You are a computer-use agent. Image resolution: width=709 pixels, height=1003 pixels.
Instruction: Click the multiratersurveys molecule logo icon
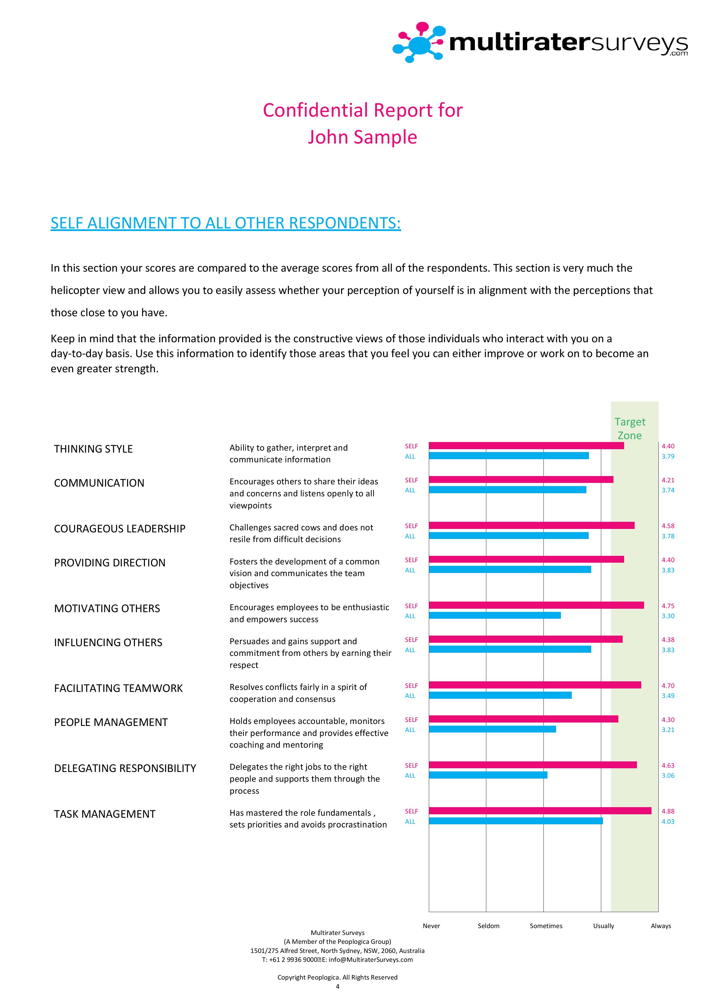click(419, 42)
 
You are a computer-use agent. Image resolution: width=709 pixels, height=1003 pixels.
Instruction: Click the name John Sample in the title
click(362, 137)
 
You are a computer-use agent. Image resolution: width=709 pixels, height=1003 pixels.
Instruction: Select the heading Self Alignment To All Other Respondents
click(225, 223)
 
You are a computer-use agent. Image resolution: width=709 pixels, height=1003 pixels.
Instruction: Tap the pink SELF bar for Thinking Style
click(526, 445)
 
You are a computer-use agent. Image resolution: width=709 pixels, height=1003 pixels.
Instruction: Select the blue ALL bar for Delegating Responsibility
click(488, 775)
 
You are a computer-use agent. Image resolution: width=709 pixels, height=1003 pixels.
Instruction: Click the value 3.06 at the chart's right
click(668, 775)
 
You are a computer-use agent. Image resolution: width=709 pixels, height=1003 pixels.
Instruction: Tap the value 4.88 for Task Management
click(668, 811)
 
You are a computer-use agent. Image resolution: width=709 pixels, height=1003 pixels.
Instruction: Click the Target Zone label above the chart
click(630, 429)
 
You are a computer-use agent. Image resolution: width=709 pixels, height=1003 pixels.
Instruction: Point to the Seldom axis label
click(488, 926)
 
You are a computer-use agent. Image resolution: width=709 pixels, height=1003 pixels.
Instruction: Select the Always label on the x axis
click(660, 926)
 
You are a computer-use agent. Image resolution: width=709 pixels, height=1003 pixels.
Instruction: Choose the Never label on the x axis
click(431, 926)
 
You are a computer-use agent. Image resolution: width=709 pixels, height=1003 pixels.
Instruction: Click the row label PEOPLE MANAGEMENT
click(111, 723)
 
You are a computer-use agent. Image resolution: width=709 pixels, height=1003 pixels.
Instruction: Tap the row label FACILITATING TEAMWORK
click(118, 688)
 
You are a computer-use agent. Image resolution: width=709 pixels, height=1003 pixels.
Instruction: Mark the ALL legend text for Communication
click(410, 490)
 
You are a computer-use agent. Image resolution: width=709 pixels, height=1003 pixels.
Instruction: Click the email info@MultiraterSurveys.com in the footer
click(371, 960)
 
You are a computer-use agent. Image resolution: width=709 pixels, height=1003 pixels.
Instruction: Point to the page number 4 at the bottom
click(337, 986)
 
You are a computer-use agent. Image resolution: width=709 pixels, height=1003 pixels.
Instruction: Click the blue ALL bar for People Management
click(492, 729)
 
